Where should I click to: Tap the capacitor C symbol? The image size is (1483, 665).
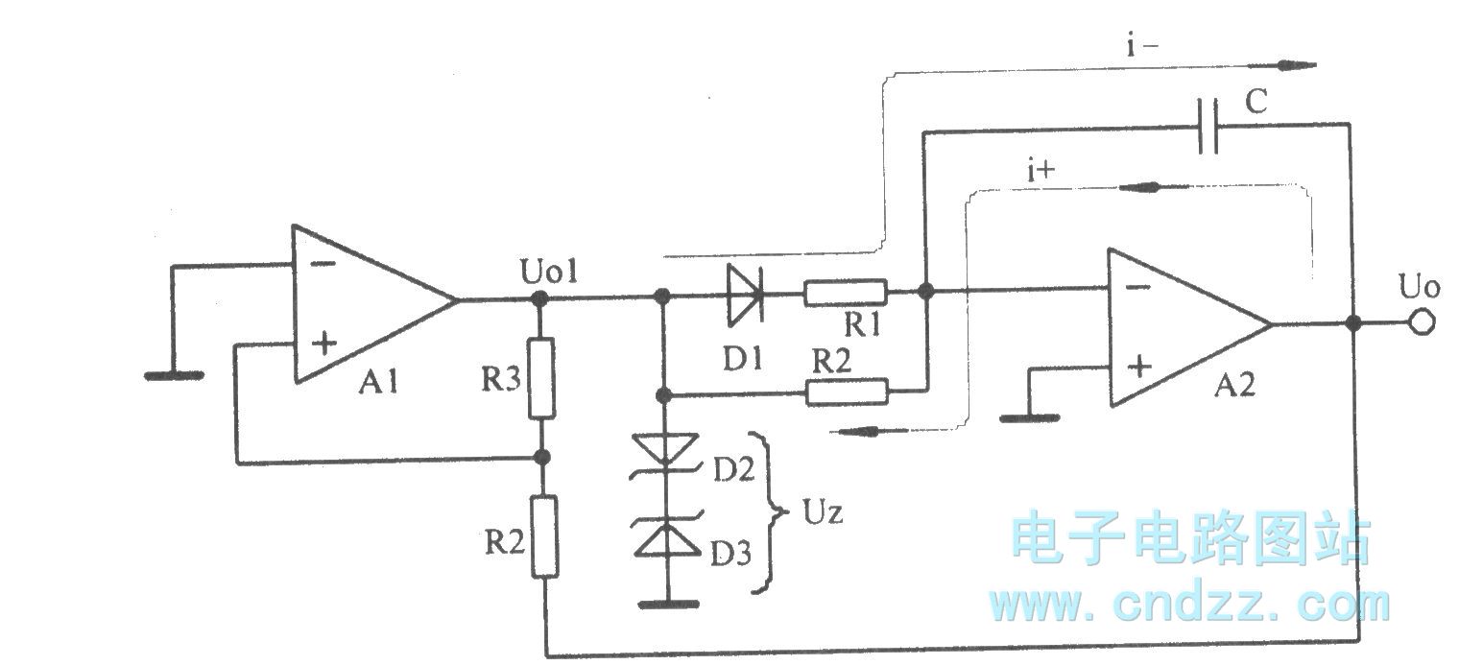(x=1208, y=126)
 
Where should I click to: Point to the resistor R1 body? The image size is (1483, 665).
(x=846, y=291)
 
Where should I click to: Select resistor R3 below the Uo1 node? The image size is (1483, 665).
(x=542, y=378)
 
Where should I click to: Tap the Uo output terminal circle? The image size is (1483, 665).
(x=1422, y=324)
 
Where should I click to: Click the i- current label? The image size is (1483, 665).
(x=1143, y=48)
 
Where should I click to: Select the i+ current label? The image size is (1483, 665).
(x=1040, y=173)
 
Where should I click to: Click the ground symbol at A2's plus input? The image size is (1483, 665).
(x=1028, y=417)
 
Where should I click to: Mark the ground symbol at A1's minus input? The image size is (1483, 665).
(x=174, y=375)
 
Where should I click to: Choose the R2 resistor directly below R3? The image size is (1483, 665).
(x=544, y=536)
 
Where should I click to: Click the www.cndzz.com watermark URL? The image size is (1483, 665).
(x=1189, y=604)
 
